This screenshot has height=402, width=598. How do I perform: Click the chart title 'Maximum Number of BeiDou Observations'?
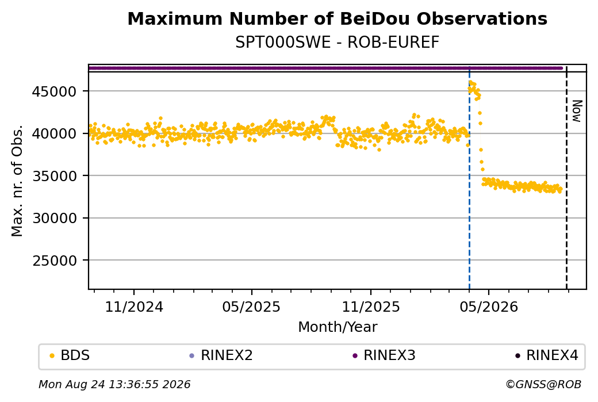pyautogui.click(x=337, y=18)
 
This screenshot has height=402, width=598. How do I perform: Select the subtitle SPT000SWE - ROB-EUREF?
pyautogui.click(x=337, y=43)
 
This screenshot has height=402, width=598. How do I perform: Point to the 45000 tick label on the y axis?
pyautogui.click(x=55, y=91)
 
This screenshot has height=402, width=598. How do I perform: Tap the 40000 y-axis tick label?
pyautogui.click(x=55, y=134)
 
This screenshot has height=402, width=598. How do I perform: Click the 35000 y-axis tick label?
pyautogui.click(x=55, y=176)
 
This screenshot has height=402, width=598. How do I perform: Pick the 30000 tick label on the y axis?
pyautogui.click(x=55, y=219)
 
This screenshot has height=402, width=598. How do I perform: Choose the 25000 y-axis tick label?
pyautogui.click(x=55, y=261)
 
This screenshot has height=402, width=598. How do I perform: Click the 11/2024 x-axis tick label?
pyautogui.click(x=134, y=307)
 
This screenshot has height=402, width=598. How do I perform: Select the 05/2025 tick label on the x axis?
pyautogui.click(x=251, y=307)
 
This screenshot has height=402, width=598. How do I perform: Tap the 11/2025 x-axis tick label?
pyautogui.click(x=371, y=307)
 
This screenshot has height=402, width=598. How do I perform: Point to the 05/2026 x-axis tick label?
pyautogui.click(x=489, y=307)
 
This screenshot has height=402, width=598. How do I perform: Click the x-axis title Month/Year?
pyautogui.click(x=338, y=327)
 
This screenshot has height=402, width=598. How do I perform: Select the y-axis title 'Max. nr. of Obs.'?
pyautogui.click(x=17, y=181)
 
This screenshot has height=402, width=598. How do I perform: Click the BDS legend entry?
pyautogui.click(x=70, y=355)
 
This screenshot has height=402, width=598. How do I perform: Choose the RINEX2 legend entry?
pyautogui.click(x=221, y=355)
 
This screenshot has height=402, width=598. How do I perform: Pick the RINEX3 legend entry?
pyautogui.click(x=384, y=355)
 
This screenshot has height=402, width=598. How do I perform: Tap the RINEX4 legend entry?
pyautogui.click(x=547, y=355)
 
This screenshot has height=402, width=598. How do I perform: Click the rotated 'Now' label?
pyautogui.click(x=577, y=112)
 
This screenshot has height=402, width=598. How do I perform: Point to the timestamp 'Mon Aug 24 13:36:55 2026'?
pyautogui.click(x=114, y=384)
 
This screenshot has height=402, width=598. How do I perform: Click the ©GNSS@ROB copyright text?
pyautogui.click(x=543, y=384)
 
